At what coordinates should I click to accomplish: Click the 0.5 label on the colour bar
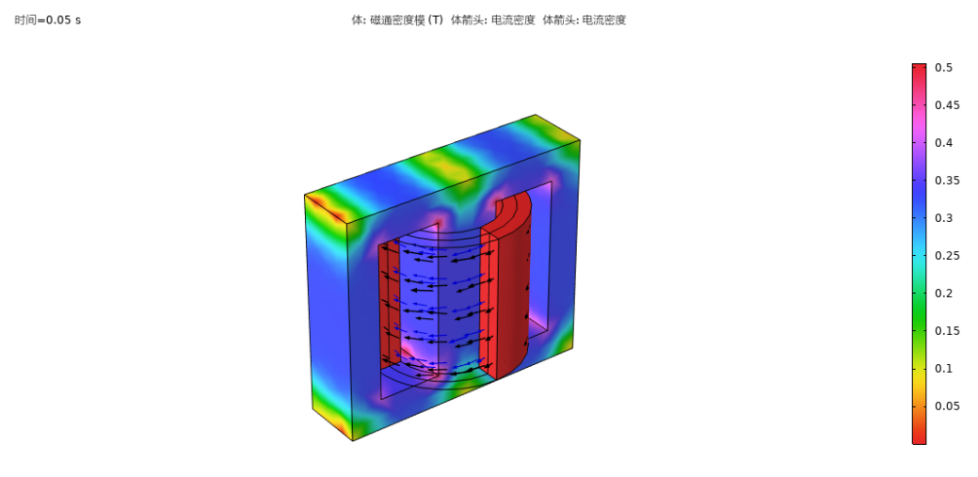tap(943, 68)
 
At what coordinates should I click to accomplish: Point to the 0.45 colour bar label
tap(947, 104)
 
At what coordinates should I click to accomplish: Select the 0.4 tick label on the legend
tap(943, 143)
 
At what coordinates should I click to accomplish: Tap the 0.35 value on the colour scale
tap(947, 181)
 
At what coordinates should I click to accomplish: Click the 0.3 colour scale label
tap(943, 217)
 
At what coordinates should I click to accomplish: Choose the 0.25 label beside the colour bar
tap(947, 256)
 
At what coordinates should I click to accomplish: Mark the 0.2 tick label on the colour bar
tap(943, 293)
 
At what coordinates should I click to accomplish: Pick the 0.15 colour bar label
tap(947, 330)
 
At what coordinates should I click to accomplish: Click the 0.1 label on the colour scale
tap(943, 369)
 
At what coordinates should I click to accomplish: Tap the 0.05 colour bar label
tap(947, 405)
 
